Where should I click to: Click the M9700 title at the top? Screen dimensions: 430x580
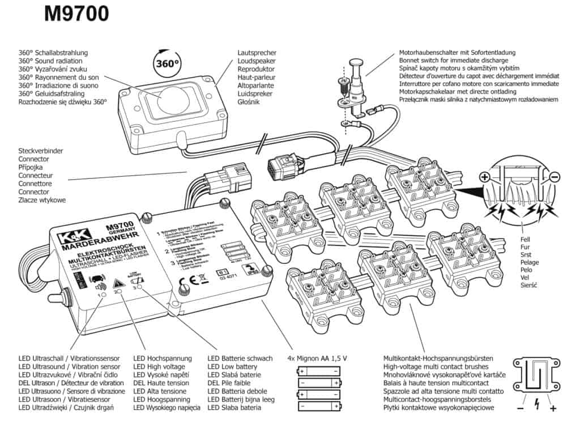(x=76, y=14)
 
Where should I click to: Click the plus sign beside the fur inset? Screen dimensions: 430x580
(x=485, y=177)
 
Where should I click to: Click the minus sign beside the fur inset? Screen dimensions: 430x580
(x=555, y=177)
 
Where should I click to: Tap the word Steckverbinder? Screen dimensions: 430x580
(x=41, y=151)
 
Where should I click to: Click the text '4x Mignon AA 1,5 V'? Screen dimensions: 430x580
(x=317, y=359)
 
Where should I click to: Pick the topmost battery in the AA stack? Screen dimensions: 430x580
(x=319, y=372)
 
